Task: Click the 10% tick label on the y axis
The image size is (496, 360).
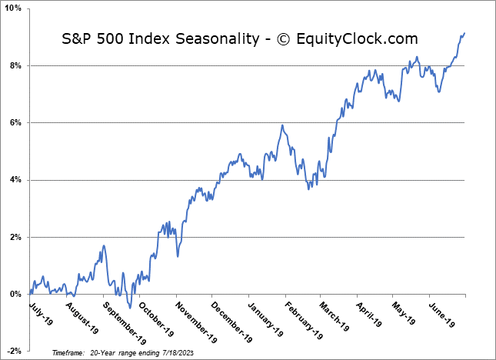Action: click(14, 8)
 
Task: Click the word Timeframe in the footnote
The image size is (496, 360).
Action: click(69, 352)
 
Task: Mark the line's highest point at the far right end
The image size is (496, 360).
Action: click(464, 33)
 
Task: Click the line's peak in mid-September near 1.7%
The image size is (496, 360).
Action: click(104, 246)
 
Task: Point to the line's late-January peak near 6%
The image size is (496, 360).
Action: click(283, 125)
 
